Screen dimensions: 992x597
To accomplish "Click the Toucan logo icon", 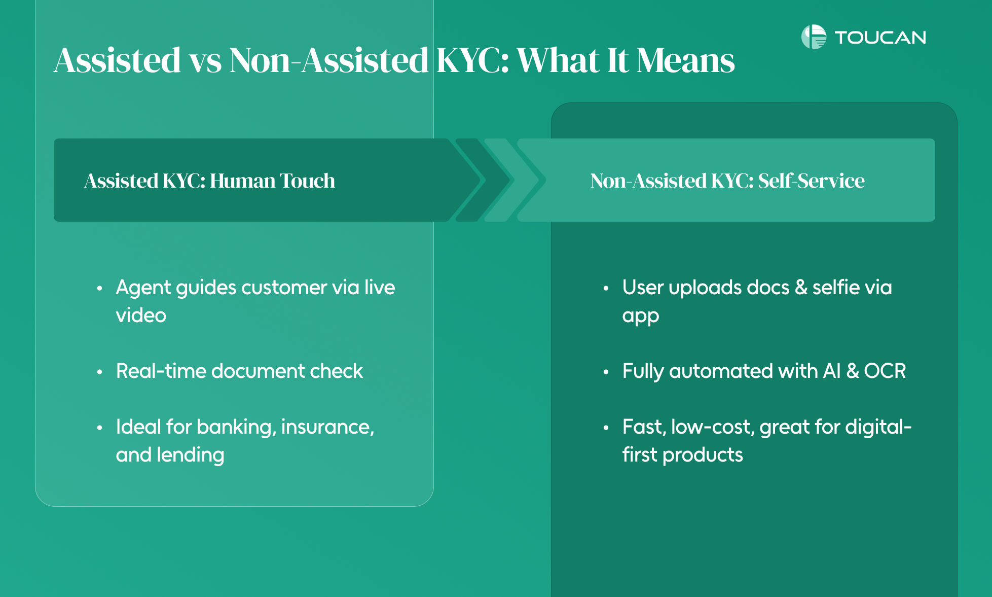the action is [x=814, y=37].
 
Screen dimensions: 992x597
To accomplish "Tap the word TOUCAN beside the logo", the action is [x=880, y=38].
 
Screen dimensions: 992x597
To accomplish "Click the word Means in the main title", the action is [x=686, y=60].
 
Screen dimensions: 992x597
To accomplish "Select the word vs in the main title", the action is [x=205, y=61].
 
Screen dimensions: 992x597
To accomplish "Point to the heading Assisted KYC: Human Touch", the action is [x=209, y=181].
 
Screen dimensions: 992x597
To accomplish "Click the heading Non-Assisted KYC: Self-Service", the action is [x=727, y=181].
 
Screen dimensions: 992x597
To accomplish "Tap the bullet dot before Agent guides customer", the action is [x=100, y=289].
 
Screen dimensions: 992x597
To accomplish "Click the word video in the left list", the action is [x=141, y=315].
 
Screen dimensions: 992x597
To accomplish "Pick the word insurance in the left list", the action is [x=327, y=427].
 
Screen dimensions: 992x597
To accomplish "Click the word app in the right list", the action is [x=641, y=317].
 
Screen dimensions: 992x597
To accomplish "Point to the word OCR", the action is [x=885, y=371].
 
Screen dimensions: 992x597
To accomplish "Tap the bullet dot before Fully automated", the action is [x=606, y=372].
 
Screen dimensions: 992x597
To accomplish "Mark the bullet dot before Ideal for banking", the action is [x=100, y=428].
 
